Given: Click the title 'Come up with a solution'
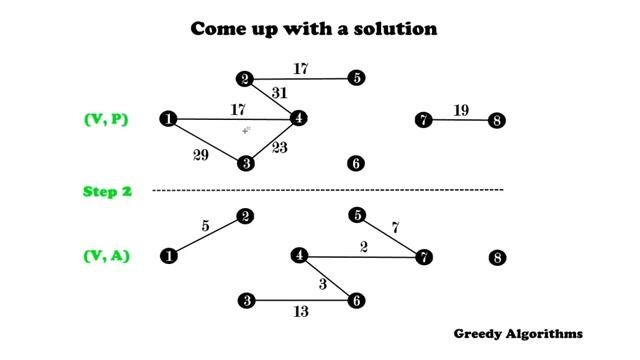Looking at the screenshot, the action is (314, 29).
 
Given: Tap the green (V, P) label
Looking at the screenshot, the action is (105, 120).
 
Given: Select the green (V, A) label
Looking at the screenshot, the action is (106, 256).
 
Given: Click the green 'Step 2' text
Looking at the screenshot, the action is (107, 191).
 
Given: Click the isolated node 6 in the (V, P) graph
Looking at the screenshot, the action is (356, 164).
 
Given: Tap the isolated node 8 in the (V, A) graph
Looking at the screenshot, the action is (498, 258).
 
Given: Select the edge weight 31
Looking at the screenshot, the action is (279, 92).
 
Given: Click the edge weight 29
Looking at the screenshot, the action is (200, 155).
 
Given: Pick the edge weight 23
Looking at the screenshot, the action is (279, 148).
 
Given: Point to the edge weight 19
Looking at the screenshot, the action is (461, 111).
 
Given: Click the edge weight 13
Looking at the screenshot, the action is (300, 312).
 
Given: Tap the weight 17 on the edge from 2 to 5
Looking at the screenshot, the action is (301, 69).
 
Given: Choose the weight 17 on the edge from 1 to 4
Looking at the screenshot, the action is (237, 110).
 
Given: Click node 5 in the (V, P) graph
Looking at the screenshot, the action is (357, 78).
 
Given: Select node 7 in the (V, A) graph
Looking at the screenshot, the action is (424, 257).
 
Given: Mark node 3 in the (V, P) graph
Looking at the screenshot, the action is (244, 163).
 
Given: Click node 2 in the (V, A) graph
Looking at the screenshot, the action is (245, 216).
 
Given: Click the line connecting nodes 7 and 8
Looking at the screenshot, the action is (461, 121).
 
